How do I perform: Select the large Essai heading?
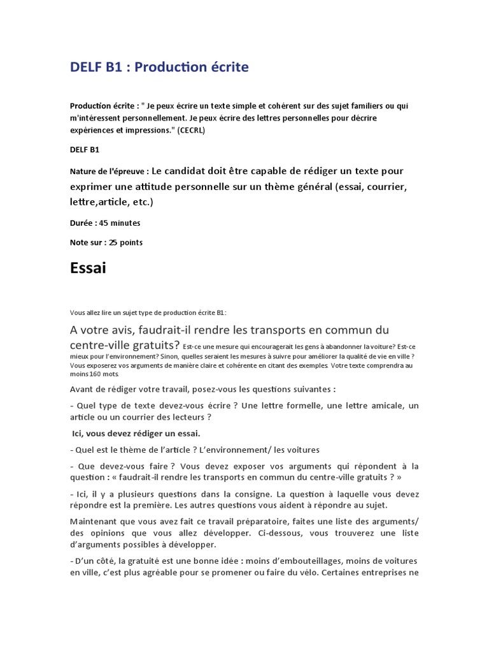click(88, 268)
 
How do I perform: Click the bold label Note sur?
click(87, 242)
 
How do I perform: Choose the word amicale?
click(379, 406)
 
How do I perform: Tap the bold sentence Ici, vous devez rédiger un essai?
click(136, 433)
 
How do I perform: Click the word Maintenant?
click(97, 522)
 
